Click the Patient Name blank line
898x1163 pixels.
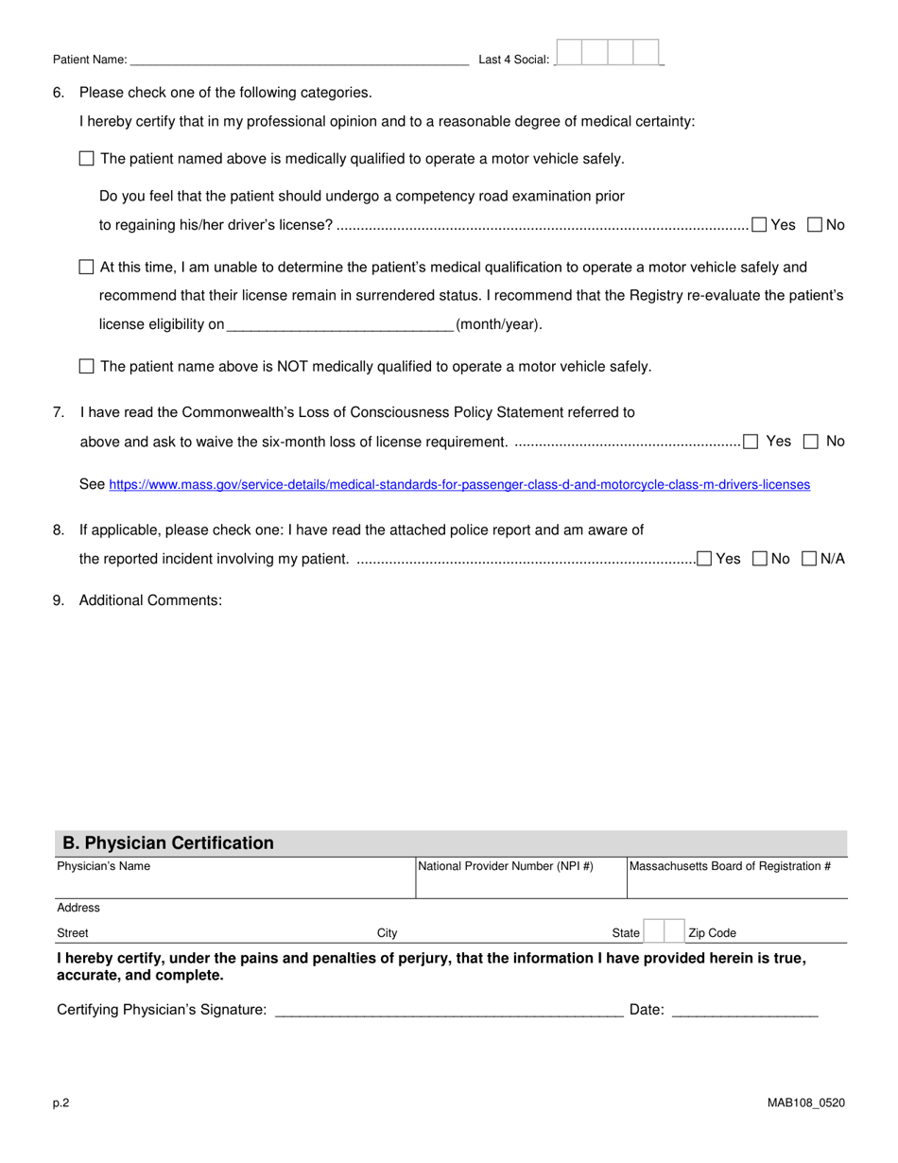click(299, 59)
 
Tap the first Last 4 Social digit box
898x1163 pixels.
click(569, 52)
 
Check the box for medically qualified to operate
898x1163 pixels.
click(87, 159)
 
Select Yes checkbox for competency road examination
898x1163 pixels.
click(759, 225)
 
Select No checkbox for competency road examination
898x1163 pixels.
click(815, 225)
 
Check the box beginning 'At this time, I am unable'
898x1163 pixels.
click(87, 268)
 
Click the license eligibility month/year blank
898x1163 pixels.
click(340, 324)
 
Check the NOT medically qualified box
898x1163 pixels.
click(87, 367)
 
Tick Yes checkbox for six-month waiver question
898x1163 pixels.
click(751, 442)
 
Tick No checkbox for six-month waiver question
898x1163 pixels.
click(811, 442)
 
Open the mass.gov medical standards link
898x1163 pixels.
click(459, 485)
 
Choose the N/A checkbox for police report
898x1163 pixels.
click(809, 559)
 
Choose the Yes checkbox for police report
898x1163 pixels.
click(704, 559)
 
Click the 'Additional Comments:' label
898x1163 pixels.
click(150, 600)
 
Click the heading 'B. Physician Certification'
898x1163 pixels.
click(168, 843)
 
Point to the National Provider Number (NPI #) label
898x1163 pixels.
click(506, 866)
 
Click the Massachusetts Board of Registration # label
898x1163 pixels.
click(731, 866)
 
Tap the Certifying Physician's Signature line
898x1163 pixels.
click(448, 1010)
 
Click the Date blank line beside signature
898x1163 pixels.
click(744, 1010)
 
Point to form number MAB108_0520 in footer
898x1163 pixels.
click(805, 1102)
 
